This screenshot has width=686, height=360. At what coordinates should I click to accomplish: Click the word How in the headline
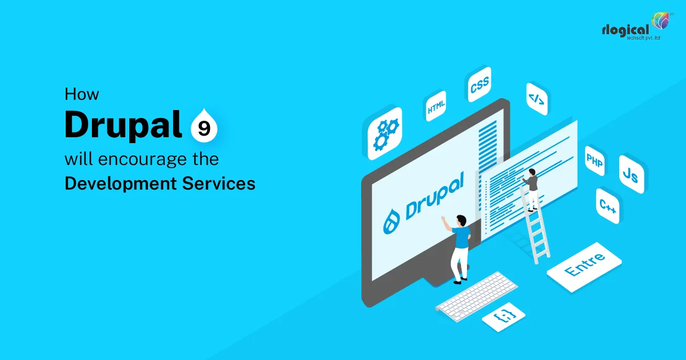tap(82, 94)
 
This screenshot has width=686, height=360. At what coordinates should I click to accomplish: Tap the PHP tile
tap(595, 160)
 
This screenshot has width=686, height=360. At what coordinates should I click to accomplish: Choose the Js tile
tap(630, 175)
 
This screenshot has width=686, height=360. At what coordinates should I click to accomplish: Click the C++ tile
tap(608, 206)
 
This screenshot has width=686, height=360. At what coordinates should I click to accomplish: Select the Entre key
tap(584, 265)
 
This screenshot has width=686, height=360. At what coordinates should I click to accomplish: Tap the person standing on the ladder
tap(531, 188)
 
